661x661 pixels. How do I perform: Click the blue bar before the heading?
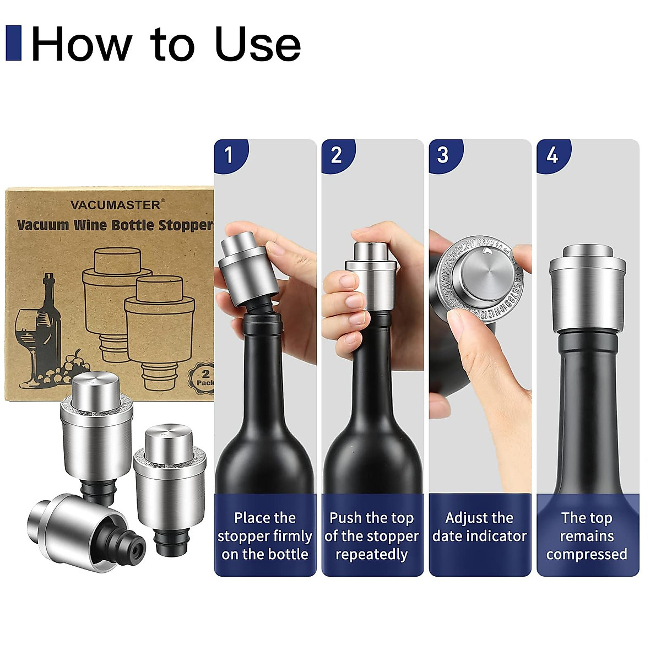pyautogui.click(x=13, y=43)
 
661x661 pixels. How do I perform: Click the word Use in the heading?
pyautogui.click(x=257, y=44)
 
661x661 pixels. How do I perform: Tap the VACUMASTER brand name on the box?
pyautogui.click(x=116, y=205)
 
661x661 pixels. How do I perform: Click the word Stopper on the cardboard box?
pyautogui.click(x=186, y=225)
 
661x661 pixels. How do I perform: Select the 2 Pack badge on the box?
pyautogui.click(x=205, y=378)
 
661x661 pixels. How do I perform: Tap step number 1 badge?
pyautogui.click(x=229, y=155)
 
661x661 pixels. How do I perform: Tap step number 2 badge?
pyautogui.click(x=337, y=155)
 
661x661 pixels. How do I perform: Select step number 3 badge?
pyautogui.click(x=443, y=155)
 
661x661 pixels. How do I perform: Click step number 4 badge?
pyautogui.click(x=552, y=155)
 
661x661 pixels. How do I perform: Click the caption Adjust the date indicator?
pyautogui.click(x=479, y=527)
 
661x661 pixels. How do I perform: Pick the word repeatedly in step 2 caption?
pyautogui.click(x=372, y=554)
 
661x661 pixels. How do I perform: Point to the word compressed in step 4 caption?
pyautogui.click(x=587, y=554)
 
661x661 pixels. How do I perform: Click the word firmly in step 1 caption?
pyautogui.click(x=292, y=536)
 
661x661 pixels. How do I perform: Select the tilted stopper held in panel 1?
pyautogui.click(x=242, y=264)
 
